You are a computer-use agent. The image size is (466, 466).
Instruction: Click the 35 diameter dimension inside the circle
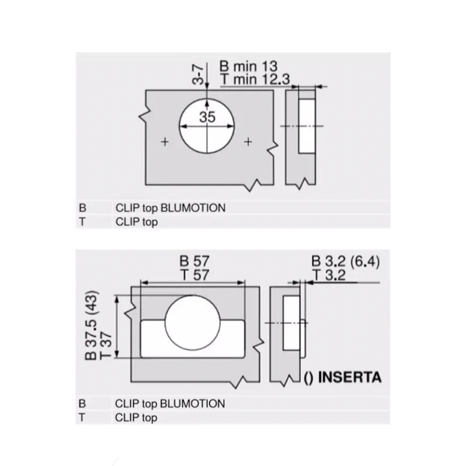[x=207, y=117]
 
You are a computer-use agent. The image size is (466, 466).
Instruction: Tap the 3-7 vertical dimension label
[x=198, y=75]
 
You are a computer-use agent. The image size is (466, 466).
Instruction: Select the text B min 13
[x=249, y=66]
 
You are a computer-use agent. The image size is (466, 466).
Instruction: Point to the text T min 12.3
[x=255, y=79]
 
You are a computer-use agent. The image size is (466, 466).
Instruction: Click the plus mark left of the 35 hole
[x=165, y=142]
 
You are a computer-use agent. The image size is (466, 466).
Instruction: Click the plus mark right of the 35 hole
[x=248, y=142]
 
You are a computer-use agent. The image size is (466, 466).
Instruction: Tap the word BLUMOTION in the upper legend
[x=193, y=208]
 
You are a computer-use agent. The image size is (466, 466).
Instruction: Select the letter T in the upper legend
[x=82, y=222]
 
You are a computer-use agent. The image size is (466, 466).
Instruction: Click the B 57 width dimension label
[x=195, y=261]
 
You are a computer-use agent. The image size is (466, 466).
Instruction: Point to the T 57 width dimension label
[x=195, y=275]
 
